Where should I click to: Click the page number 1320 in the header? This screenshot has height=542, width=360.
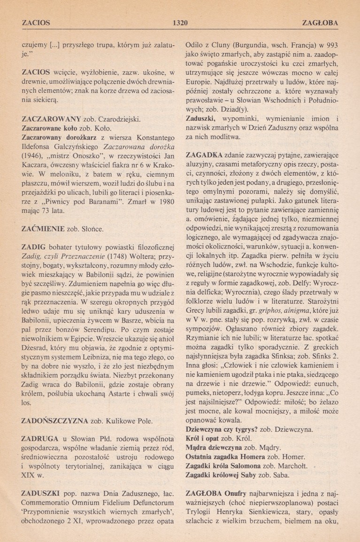pos(180,22)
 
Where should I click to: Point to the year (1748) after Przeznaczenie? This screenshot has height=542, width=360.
pos(120,257)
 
